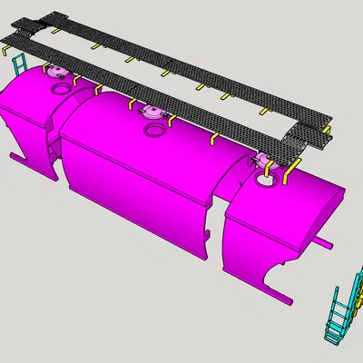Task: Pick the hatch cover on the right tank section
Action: (264, 161)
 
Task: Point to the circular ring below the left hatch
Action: (61, 89)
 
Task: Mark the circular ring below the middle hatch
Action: (157, 130)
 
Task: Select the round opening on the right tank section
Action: (268, 179)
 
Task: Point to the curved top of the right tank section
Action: (290, 204)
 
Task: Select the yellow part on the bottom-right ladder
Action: (358, 296)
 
